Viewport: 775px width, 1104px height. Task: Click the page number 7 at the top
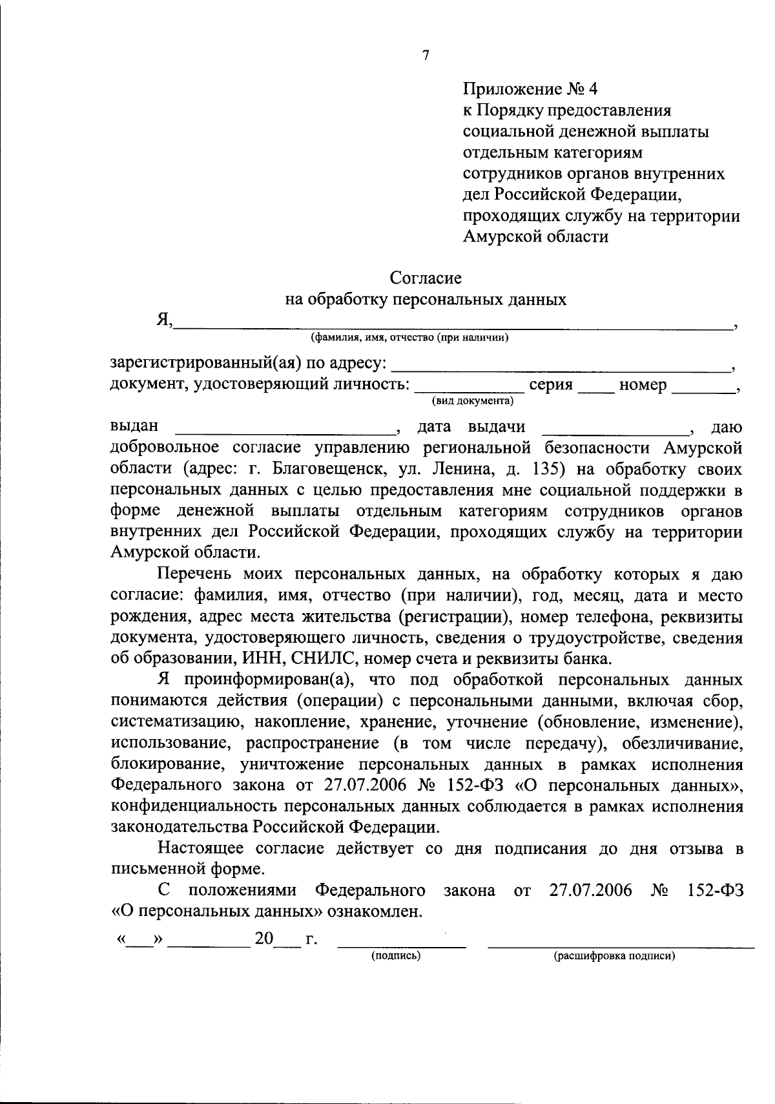pos(425,56)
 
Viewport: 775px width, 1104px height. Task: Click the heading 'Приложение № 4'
pos(535,89)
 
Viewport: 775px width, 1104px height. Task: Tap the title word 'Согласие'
pos(426,278)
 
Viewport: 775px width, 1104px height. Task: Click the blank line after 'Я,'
pos(452,323)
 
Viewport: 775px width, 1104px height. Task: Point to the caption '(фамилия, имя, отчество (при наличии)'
pos(409,337)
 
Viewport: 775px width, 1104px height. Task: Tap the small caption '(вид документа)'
pos(473,402)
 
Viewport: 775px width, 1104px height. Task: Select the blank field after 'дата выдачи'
pos(614,429)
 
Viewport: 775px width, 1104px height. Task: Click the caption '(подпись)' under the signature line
pos(395,957)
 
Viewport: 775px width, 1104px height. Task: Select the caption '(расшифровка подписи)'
pos(614,957)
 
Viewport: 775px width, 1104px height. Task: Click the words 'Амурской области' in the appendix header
pos(535,237)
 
